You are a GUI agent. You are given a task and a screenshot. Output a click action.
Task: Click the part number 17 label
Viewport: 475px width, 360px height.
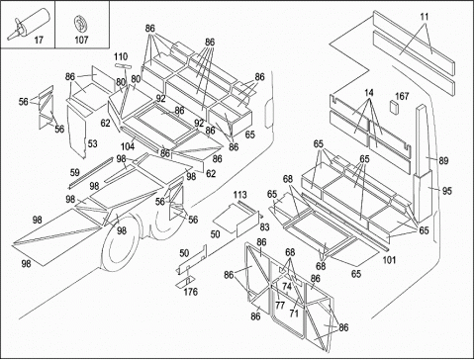point(39,41)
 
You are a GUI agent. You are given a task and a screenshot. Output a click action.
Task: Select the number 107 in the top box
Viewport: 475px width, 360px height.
point(81,41)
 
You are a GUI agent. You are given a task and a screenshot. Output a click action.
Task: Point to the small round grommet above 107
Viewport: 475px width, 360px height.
point(80,25)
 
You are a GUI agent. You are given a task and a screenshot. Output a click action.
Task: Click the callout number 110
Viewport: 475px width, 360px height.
point(121,56)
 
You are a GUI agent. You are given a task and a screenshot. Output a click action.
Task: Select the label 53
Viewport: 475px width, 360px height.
point(93,144)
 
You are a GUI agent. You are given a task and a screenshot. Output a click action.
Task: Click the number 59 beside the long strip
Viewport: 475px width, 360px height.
point(75,172)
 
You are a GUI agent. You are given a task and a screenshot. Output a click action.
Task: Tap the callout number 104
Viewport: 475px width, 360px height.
point(128,146)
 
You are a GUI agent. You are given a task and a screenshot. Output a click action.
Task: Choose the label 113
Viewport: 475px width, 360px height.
point(239,195)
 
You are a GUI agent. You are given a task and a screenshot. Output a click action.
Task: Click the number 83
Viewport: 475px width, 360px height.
point(264,227)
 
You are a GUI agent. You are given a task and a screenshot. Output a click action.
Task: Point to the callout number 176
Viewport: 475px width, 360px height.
point(191,292)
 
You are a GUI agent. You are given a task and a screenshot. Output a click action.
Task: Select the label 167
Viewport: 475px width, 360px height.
point(402,96)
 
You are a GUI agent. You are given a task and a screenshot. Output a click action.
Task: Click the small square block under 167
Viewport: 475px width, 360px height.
point(395,107)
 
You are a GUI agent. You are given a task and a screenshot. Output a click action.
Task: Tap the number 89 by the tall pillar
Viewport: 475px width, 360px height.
point(443,161)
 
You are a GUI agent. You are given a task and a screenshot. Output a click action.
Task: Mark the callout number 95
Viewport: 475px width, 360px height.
point(447,191)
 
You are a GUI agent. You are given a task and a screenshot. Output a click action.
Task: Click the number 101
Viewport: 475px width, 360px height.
point(389,260)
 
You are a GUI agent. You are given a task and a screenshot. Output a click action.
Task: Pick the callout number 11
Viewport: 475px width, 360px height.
point(425,17)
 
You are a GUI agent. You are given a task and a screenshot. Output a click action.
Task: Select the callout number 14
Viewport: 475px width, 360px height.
point(369,93)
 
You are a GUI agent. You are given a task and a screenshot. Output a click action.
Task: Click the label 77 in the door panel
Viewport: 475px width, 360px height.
point(280,306)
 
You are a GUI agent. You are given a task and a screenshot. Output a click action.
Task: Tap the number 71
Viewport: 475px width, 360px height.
point(294,313)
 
